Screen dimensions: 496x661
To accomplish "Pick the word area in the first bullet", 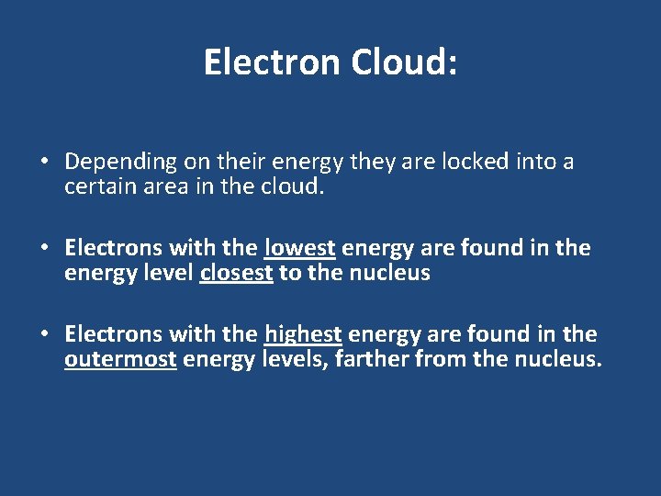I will click(x=166, y=187).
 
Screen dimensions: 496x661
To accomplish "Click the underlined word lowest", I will click(x=300, y=248).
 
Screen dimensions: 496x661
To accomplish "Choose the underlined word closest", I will click(x=236, y=274).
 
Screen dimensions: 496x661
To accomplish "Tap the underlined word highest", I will click(x=303, y=334).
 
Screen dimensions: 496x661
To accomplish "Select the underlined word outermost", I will click(x=120, y=360).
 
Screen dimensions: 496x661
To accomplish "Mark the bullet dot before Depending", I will click(x=45, y=163).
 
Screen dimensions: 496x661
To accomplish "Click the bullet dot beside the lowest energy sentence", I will click(x=45, y=249).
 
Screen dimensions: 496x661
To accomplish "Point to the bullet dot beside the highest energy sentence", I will click(x=45, y=335).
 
